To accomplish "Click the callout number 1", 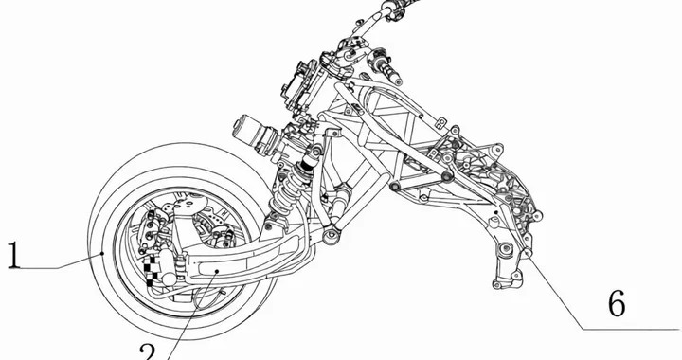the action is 13,256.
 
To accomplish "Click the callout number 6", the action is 616,303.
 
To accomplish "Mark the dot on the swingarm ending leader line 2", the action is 218,271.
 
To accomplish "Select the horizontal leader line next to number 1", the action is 57,268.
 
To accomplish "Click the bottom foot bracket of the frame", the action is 502,279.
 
